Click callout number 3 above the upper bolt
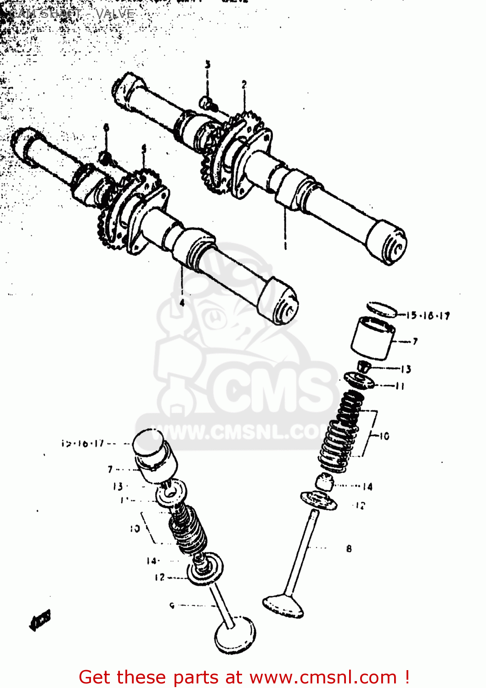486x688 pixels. point(208,65)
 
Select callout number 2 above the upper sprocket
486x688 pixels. point(244,84)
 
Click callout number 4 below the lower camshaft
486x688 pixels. point(182,303)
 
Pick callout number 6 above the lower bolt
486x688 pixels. point(106,127)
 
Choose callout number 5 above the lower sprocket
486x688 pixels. point(144,148)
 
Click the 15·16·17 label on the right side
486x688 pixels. point(429,316)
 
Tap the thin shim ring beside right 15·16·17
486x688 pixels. point(382,309)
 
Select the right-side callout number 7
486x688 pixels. point(415,341)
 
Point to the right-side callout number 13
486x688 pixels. point(406,369)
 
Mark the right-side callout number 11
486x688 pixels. point(400,386)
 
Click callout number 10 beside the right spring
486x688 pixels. point(384,436)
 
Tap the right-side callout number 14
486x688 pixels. point(367,487)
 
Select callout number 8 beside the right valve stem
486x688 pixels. point(349,549)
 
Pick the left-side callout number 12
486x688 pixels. point(159,577)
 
